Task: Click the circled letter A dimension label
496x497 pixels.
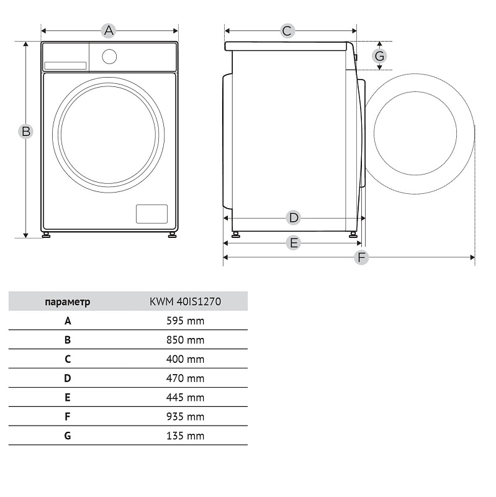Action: (x=109, y=30)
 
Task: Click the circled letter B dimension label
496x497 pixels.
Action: (x=25, y=132)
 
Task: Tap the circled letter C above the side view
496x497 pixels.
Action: (x=287, y=30)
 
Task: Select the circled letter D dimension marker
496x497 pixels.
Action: (x=293, y=218)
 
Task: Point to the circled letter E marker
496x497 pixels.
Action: (x=294, y=243)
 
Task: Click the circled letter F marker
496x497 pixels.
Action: (x=361, y=257)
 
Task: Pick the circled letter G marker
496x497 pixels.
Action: (x=380, y=56)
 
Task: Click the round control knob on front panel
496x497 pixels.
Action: (x=109, y=57)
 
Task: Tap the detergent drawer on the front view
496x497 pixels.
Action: (x=65, y=65)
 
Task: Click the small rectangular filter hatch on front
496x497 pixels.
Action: (x=151, y=214)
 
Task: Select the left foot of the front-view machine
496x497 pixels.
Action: (x=47, y=235)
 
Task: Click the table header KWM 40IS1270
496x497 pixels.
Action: (x=186, y=302)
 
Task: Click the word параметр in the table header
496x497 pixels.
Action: (x=68, y=302)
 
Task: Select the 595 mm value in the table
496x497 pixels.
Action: (x=186, y=321)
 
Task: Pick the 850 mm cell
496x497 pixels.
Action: (x=186, y=340)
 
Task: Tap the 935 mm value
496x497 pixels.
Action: (x=186, y=416)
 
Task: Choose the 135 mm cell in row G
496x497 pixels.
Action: (x=186, y=435)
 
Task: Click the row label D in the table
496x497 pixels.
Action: (x=68, y=378)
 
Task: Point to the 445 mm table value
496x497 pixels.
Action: (x=186, y=397)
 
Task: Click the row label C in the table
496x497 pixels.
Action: (x=68, y=359)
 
